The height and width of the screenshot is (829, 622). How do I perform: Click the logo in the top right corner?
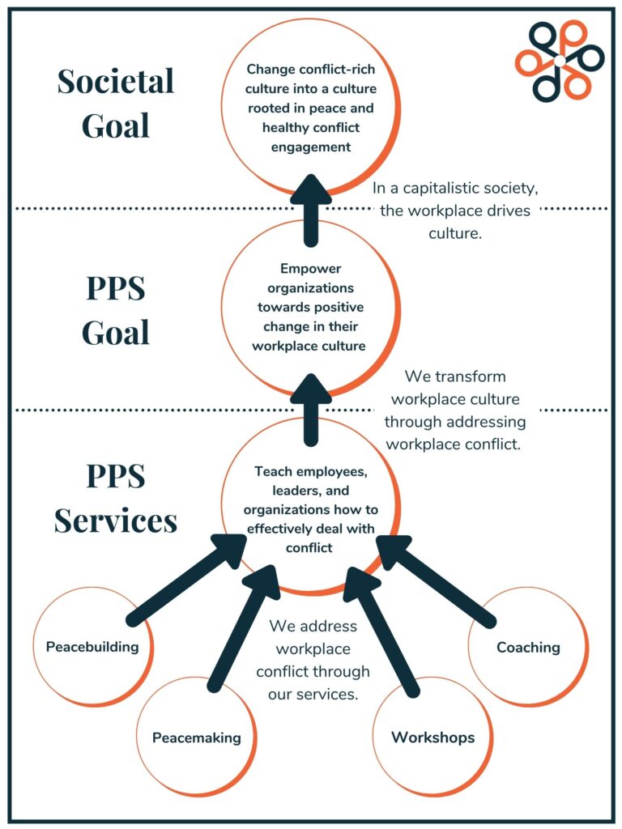point(560,61)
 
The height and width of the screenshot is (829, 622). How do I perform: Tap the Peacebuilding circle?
point(92,646)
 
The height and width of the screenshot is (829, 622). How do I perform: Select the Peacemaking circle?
point(197,737)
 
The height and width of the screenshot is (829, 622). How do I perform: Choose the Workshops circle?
point(432,737)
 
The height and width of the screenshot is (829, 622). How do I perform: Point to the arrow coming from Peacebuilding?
point(186,580)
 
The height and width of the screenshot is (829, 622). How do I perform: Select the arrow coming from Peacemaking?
point(243,627)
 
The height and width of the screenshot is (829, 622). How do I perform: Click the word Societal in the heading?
point(115,81)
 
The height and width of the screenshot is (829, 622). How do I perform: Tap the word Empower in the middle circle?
point(311,269)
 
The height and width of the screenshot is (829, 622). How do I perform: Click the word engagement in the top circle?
point(311,147)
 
